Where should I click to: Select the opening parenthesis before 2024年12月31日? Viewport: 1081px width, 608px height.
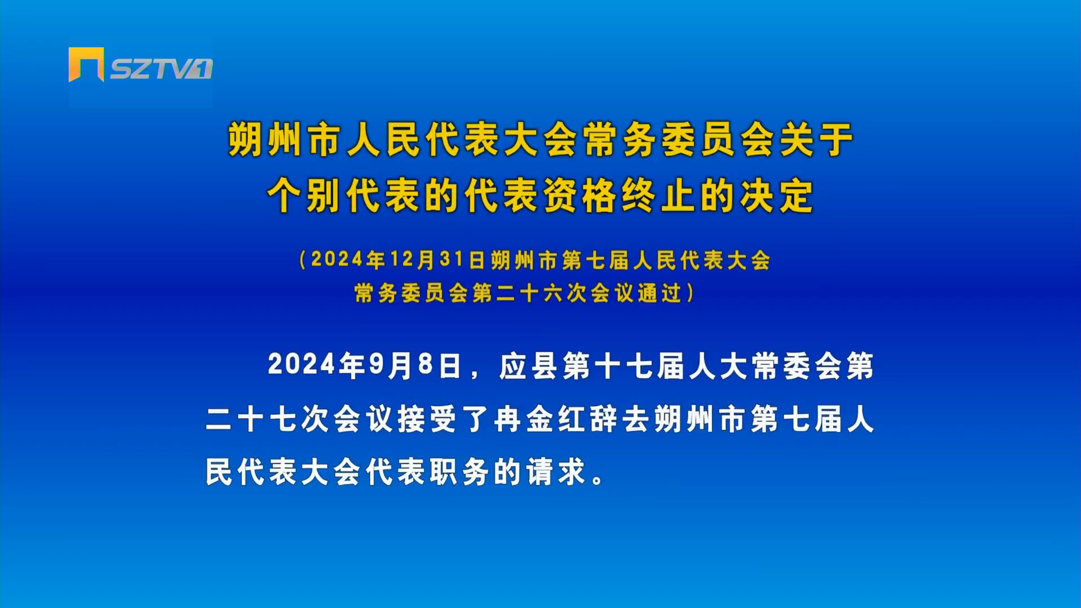click(x=303, y=260)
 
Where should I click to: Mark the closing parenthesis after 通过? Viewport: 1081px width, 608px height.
click(x=690, y=293)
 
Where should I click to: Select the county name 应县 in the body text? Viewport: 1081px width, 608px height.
click(x=528, y=366)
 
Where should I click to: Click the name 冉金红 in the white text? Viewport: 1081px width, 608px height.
click(x=542, y=419)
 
